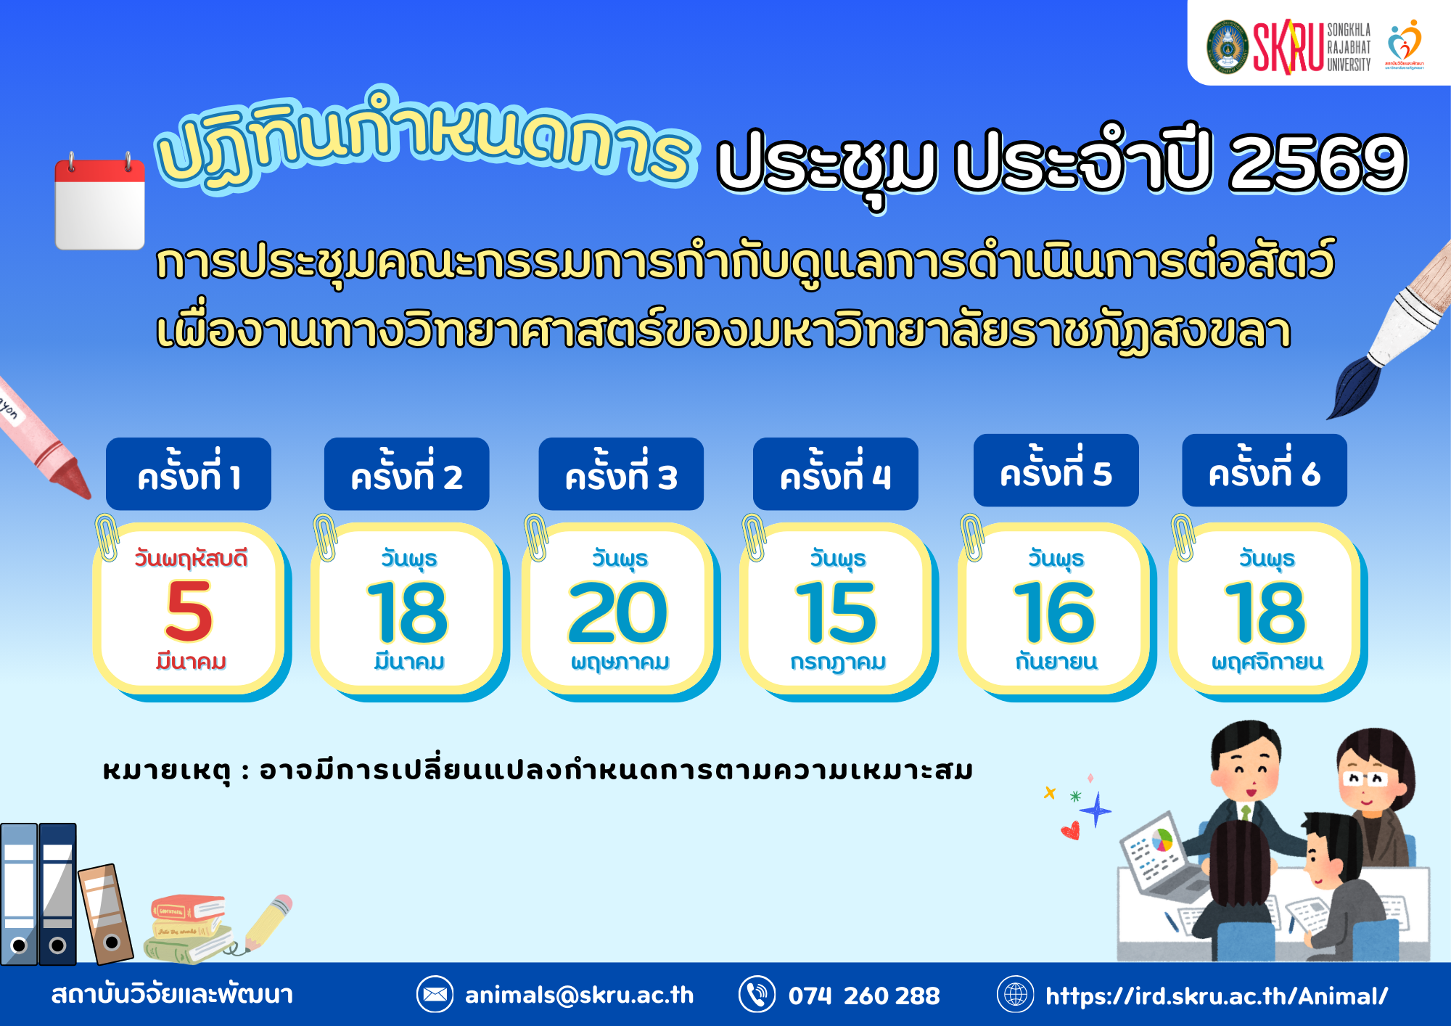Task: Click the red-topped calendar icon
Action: click(x=100, y=202)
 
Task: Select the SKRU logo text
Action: click(x=1288, y=47)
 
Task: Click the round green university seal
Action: click(x=1227, y=47)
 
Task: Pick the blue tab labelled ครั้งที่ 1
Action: click(x=189, y=474)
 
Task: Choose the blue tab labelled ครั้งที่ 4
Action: click(x=836, y=474)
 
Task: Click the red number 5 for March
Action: click(x=189, y=612)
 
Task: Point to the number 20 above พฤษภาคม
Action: click(x=618, y=613)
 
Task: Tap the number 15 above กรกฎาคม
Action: click(x=836, y=613)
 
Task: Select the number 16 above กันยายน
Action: click(x=1053, y=613)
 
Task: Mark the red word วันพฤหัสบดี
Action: click(x=191, y=559)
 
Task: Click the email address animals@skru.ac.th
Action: click(x=580, y=995)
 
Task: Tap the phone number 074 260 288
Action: click(x=864, y=996)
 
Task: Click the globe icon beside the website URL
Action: click(x=1016, y=994)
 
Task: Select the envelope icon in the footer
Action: click(x=435, y=994)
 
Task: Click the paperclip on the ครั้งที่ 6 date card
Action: click(x=1183, y=537)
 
